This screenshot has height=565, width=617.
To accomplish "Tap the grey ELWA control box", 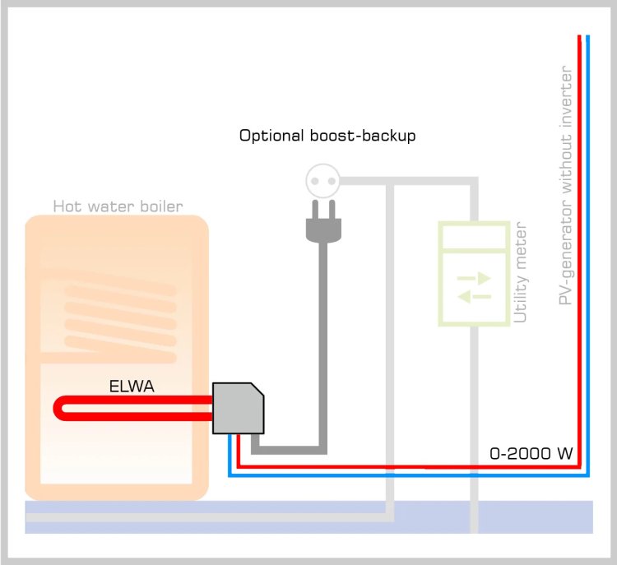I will tap(238, 408).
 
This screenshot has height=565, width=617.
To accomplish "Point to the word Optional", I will tap(268, 136).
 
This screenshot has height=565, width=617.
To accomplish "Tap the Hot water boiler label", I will tap(118, 206).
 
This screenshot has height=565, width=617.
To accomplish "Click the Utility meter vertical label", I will tap(520, 271).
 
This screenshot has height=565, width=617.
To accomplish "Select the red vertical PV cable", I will tap(580, 247).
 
